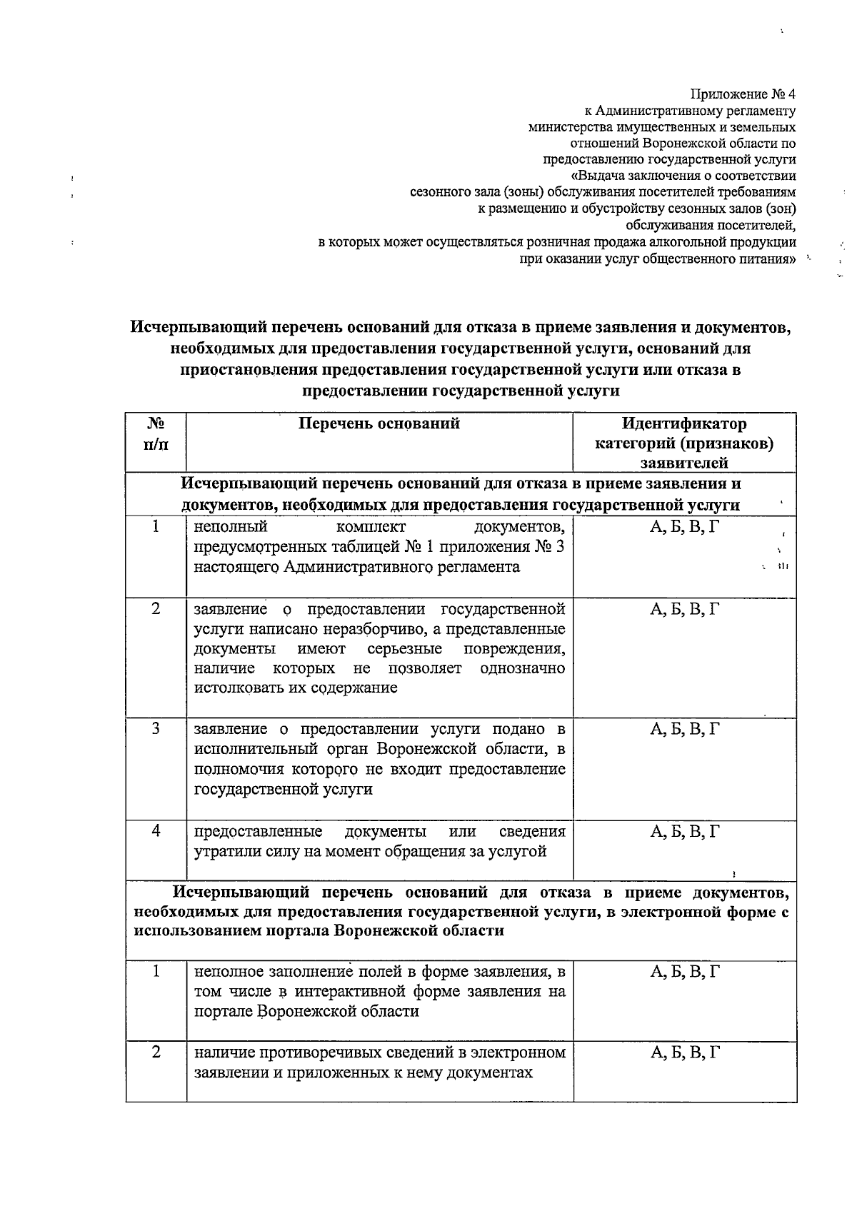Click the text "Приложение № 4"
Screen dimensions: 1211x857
(743, 94)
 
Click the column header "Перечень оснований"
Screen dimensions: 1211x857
(379, 424)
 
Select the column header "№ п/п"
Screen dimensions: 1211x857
(156, 433)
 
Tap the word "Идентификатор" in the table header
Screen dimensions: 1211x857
(684, 424)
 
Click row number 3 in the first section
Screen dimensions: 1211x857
(156, 729)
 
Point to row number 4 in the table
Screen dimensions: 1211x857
(156, 831)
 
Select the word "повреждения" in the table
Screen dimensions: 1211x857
(514, 649)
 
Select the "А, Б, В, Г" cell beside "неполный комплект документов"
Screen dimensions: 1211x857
(684, 528)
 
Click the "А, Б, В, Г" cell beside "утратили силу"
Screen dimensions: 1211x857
(684, 831)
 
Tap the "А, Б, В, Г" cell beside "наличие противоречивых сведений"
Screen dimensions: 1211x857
(684, 1052)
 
